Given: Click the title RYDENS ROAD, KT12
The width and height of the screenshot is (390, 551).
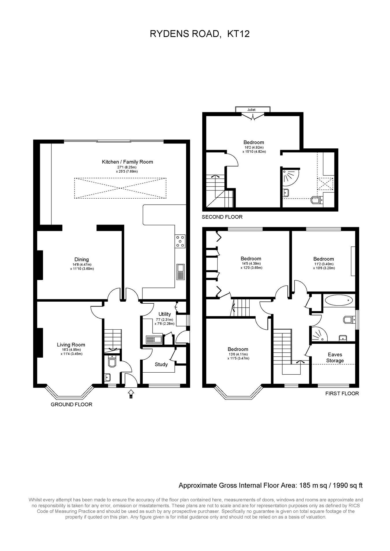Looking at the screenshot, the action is pos(200,34).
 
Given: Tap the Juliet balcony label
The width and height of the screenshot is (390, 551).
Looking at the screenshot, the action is pos(251,110).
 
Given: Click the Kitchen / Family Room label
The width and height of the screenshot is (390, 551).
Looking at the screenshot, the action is pos(127,162).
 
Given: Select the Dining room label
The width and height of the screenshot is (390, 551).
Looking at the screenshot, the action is pos(81,259).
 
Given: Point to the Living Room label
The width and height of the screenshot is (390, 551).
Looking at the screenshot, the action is pos(71,345).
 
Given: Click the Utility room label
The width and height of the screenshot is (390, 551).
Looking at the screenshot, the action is pos(165,314).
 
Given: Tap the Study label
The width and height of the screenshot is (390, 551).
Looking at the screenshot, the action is pos(161,365).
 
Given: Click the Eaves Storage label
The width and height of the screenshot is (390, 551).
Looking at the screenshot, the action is pos(335,358).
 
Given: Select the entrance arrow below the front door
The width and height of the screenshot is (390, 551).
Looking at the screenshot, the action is pos(131,393).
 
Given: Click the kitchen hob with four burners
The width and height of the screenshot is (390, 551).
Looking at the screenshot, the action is pos(180,241).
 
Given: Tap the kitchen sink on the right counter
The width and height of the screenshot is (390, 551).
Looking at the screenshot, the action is pos(181,272).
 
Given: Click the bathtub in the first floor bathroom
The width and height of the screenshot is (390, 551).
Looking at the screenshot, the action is pos(339,300).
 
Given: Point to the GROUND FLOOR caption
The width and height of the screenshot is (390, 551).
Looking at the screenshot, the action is pos(71,404).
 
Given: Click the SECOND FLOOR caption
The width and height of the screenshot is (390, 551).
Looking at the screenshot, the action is pos(222,217).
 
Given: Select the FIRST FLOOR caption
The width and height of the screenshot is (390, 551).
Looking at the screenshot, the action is pos(342,393).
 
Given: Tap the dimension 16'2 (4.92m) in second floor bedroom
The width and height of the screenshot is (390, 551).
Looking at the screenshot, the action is pos(254,147).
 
